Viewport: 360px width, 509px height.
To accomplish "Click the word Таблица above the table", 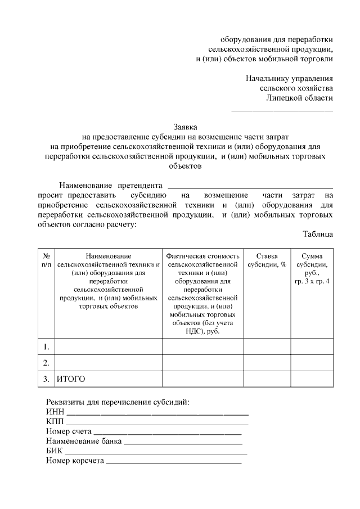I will pyautogui.click(x=317, y=234).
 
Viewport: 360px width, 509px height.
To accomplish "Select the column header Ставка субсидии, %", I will pyautogui.click(x=267, y=260).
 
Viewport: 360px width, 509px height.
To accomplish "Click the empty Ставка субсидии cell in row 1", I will pyautogui.click(x=267, y=345).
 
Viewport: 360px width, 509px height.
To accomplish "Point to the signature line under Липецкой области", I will pyautogui.click(x=282, y=110).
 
